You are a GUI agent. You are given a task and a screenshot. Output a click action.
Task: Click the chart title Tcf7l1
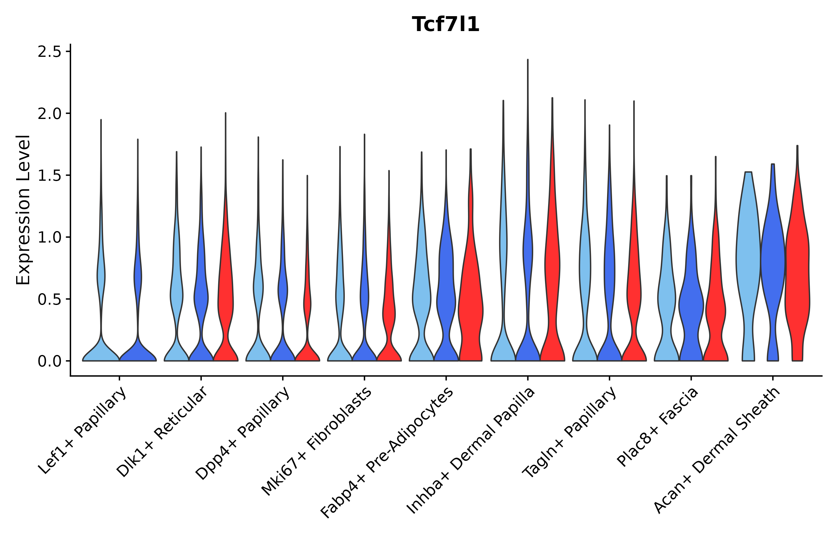click(445, 25)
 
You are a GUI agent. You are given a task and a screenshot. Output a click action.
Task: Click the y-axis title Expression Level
click(24, 210)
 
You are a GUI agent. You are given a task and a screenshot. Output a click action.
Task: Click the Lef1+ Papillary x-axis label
click(83, 431)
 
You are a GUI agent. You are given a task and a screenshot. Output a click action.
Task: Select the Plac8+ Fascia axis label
click(658, 427)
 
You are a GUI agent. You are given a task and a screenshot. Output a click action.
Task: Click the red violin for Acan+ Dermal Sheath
click(797, 271)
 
